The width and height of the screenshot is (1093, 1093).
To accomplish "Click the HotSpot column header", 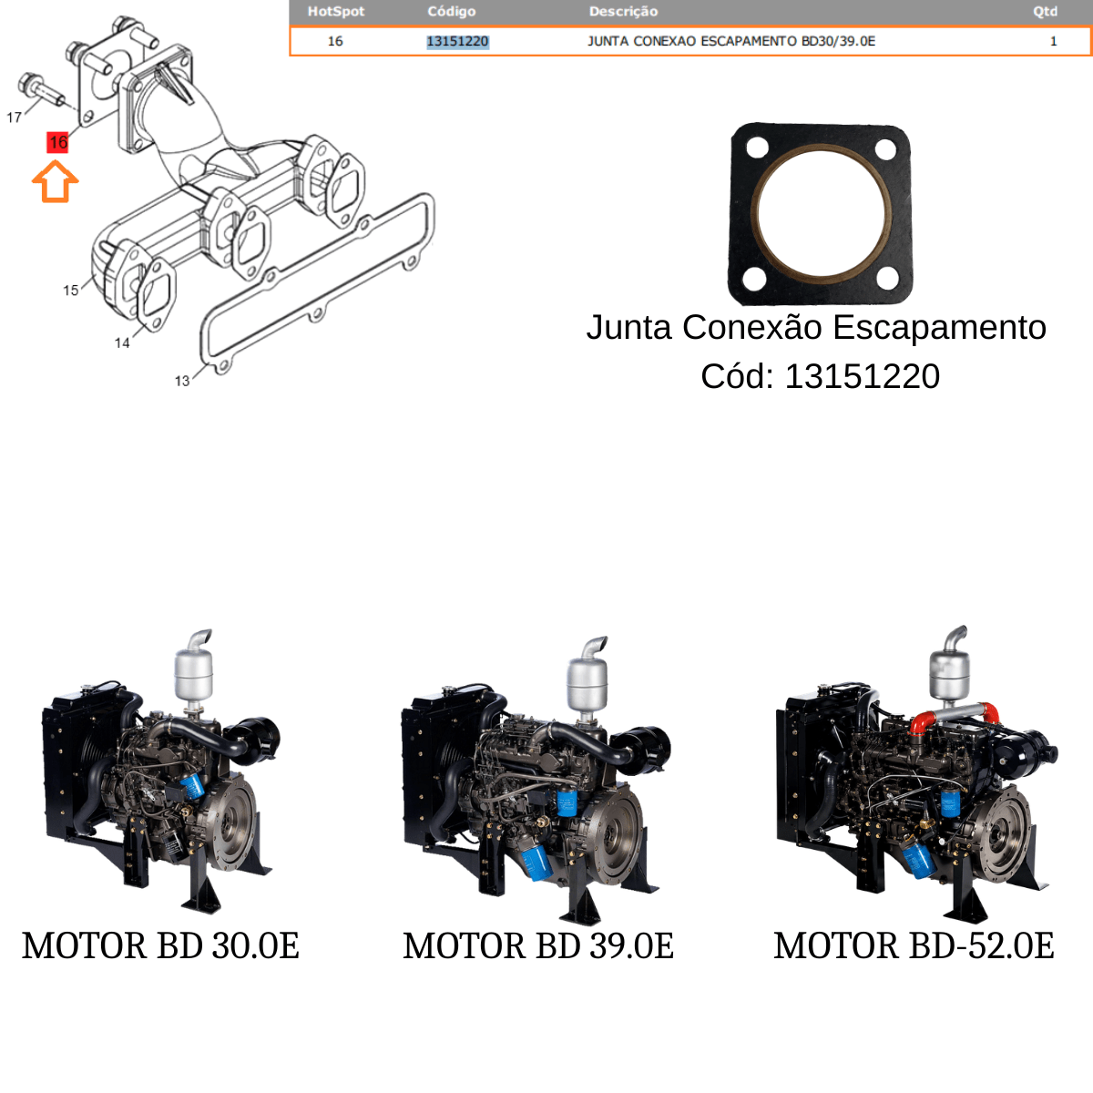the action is pos(336,11).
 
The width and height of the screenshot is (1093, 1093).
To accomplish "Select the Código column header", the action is pos(452,11).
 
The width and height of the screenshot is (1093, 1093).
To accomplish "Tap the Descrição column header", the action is pos(623,11).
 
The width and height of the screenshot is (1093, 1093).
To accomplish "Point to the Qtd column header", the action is pos(1046,11).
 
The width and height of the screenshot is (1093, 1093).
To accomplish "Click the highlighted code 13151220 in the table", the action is pos(457,41).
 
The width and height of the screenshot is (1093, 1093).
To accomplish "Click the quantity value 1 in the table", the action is pos(1053,41).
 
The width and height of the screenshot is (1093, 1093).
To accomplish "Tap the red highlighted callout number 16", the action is pos(57,142).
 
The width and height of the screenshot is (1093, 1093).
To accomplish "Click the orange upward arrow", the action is pos(55,181).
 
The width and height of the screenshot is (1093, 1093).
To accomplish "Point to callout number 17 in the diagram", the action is pos(15,117).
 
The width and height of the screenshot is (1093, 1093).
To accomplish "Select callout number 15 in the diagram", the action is pos(71,291).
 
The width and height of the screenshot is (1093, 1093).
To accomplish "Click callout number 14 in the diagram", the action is pos(122,343).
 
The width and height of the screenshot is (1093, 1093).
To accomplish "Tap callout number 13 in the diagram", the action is pos(182,381).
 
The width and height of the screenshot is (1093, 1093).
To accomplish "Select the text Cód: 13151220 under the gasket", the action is pos(820,376).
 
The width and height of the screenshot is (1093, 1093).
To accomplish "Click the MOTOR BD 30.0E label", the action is pos(160,945).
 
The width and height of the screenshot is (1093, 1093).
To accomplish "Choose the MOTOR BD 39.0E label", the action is pos(538,945).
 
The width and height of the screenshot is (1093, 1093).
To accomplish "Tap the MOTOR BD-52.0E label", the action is pos(914,945).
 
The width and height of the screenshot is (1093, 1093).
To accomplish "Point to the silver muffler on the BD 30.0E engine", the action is pos(193,673).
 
